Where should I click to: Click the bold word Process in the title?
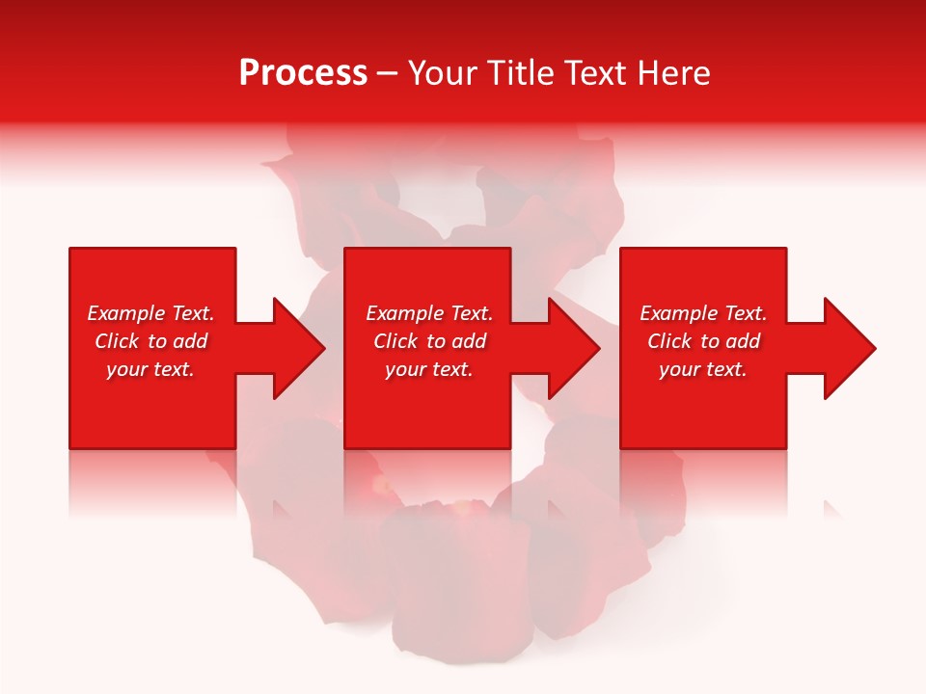pos(303,73)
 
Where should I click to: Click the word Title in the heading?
pos(518,73)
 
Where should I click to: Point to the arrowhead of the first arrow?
pos(300,348)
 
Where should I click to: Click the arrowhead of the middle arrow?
pos(575,348)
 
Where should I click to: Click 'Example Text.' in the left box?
pos(150,313)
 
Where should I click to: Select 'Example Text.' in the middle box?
pos(429,313)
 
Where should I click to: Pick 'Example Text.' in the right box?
pos(703,313)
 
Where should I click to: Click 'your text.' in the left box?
pos(150,369)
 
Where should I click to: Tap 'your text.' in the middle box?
pos(429,369)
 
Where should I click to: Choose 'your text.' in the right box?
pos(703,369)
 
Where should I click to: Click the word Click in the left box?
pos(117,341)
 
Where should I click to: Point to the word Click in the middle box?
pos(395,341)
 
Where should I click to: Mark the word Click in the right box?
pos(669,341)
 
